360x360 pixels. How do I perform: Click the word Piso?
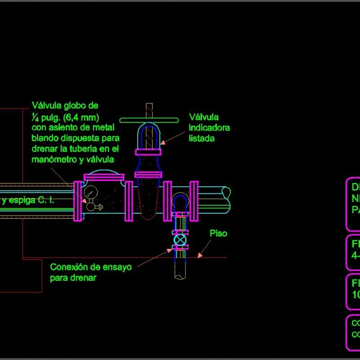point(218,234)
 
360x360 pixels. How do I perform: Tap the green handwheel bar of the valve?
point(149,120)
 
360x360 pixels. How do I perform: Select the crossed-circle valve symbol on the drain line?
point(180,240)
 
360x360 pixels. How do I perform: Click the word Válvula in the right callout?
point(204,117)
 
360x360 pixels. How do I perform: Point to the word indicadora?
point(209,128)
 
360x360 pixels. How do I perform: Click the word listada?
point(202,139)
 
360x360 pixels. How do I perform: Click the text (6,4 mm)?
point(81,117)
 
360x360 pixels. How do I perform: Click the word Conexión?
point(68,267)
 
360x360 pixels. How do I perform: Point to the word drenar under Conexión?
point(84,278)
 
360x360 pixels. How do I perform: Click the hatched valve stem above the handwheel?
point(149,110)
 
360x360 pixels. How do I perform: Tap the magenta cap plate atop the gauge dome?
point(104,176)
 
